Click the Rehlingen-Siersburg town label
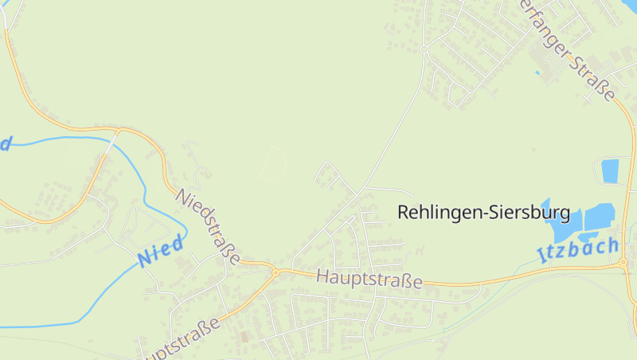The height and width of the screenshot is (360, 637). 483,213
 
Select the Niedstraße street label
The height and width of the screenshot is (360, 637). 209,227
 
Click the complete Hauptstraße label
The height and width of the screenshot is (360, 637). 369,280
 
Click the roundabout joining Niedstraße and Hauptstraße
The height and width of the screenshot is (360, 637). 276,272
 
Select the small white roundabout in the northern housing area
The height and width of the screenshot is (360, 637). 424,49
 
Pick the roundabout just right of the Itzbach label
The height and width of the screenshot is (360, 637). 625,262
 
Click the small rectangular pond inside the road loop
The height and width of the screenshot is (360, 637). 610,170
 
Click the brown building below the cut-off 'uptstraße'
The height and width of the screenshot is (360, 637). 244,338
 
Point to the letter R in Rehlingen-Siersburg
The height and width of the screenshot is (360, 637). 403,213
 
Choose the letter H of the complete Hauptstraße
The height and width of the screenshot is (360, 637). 322,276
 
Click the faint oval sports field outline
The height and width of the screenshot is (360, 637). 274,163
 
